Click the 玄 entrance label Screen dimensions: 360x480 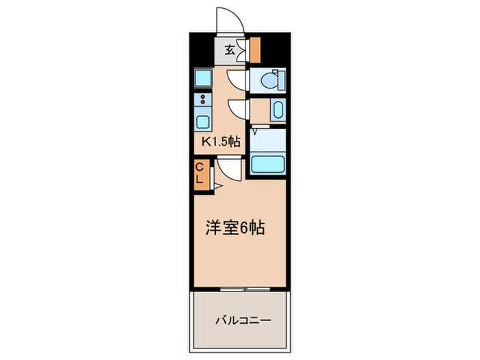[230, 49]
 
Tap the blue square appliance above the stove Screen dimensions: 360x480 [203, 78]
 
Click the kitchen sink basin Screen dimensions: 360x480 [204, 122]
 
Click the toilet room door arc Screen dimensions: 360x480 [237, 81]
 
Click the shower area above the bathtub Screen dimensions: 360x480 [267, 141]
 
